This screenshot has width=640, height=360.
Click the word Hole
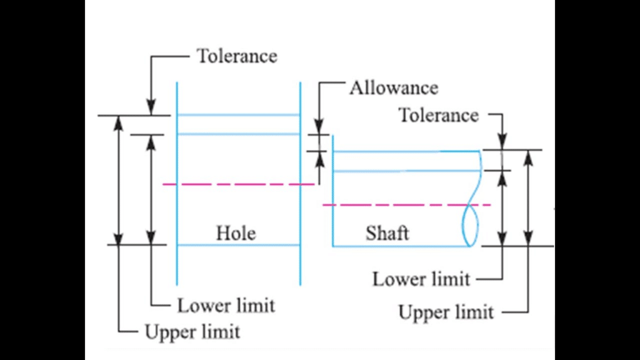[x=236, y=233]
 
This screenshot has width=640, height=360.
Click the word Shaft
[x=387, y=233]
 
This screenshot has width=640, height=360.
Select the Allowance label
[x=393, y=87]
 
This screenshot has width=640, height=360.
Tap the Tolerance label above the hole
[x=237, y=56]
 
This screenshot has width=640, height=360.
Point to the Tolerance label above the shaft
[x=438, y=115]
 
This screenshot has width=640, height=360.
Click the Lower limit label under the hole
[x=226, y=306]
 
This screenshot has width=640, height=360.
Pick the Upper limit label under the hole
[x=192, y=331]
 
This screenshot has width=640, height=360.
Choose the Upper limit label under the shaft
[x=446, y=311]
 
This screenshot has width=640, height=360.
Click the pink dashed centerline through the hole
[x=237, y=184]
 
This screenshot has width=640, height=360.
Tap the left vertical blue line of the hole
[x=177, y=187]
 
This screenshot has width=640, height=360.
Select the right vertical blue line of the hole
[x=301, y=187]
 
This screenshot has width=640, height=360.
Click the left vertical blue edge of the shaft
[x=332, y=200]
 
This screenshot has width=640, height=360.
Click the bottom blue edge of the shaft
[x=400, y=246]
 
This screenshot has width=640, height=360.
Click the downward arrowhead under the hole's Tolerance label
[x=151, y=109]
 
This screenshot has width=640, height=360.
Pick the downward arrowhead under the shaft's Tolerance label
[x=502, y=143]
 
